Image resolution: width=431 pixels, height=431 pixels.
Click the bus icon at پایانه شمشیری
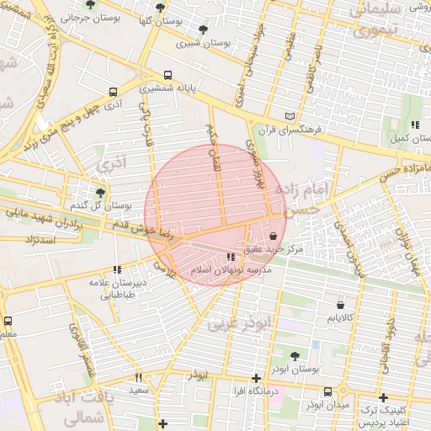[168, 74]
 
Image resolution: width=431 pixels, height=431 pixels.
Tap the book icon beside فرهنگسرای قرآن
[290, 116]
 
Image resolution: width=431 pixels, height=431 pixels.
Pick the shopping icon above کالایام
[340, 305]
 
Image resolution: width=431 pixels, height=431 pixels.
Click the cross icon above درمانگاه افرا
[257, 378]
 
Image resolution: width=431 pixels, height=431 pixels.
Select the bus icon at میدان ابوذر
[327, 391]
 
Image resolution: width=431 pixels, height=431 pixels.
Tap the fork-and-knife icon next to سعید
[139, 378]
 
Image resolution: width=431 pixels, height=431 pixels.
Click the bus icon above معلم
[8, 321]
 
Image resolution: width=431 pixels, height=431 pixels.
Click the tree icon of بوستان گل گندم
[99, 192]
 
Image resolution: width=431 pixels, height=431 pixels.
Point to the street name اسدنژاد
[35, 242]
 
